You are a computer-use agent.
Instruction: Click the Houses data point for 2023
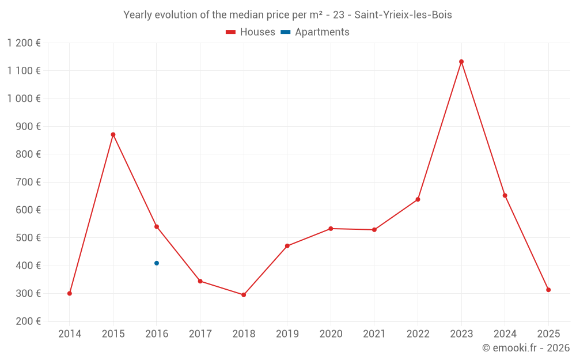461,62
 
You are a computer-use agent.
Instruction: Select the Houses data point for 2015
113,135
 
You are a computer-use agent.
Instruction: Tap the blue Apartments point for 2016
157,263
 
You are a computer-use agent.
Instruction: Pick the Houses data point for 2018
244,295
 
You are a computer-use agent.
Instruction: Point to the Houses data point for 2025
548,290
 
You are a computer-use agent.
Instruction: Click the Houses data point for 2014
70,293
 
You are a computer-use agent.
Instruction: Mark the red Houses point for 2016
157,227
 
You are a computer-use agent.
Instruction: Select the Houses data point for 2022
418,199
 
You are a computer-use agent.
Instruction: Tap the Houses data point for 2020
331,229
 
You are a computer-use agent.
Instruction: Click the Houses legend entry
251,32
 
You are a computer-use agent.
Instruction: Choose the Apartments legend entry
315,32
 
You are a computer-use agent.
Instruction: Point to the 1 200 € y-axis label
24,43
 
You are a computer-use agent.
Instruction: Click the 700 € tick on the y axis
29,182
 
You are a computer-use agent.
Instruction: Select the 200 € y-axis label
29,321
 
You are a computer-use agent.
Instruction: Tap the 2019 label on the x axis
287,334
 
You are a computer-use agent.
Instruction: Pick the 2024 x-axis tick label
505,334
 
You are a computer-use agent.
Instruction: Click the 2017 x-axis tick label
200,334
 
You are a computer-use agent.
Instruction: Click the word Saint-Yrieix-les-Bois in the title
403,15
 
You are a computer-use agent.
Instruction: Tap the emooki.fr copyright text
526,348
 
